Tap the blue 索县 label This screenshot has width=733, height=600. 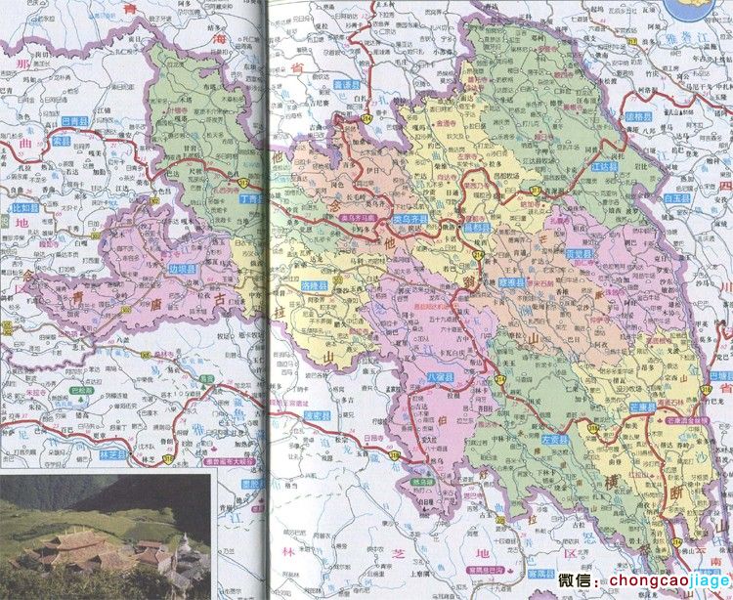[63, 141]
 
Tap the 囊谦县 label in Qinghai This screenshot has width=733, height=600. [349, 86]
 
